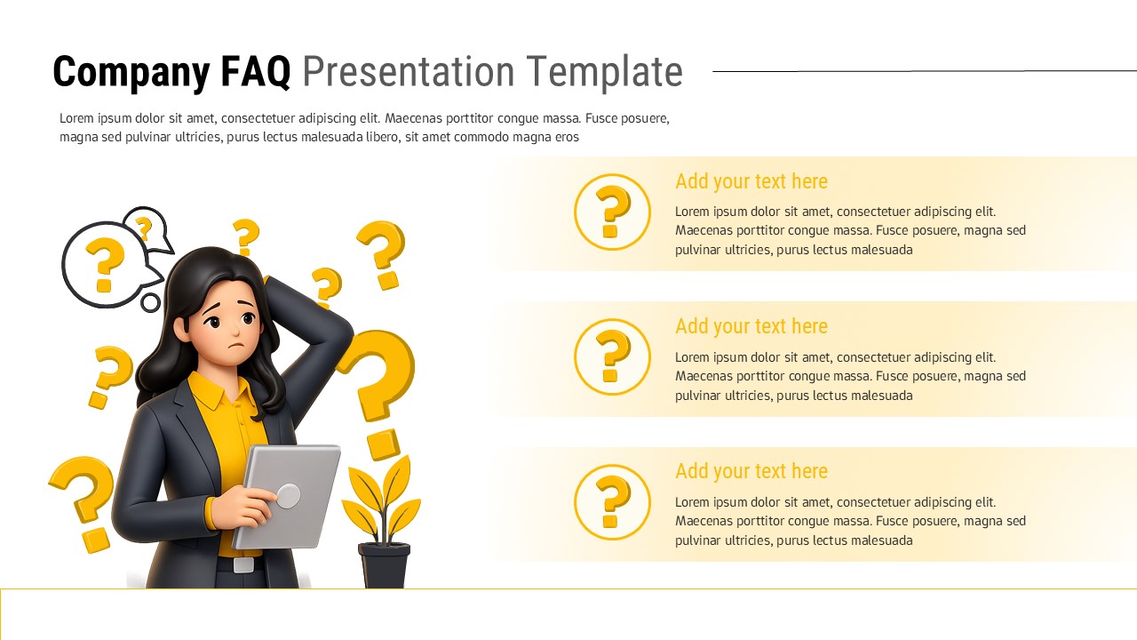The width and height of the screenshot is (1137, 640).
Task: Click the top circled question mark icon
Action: [x=612, y=212]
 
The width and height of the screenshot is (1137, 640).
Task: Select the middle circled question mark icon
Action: [x=612, y=356]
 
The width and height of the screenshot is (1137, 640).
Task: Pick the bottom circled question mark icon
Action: [x=612, y=502]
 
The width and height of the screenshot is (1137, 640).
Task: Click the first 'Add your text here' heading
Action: [x=751, y=181]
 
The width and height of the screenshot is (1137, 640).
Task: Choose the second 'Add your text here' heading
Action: [x=751, y=326]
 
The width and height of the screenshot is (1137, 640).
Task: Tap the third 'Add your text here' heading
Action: [x=751, y=471]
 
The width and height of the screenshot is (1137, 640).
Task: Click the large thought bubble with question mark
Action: [x=105, y=263]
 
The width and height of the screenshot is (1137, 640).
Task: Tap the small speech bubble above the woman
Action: [x=146, y=228]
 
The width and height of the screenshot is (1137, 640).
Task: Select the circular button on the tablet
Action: [x=288, y=496]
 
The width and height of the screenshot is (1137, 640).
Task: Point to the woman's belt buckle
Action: [x=243, y=564]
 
